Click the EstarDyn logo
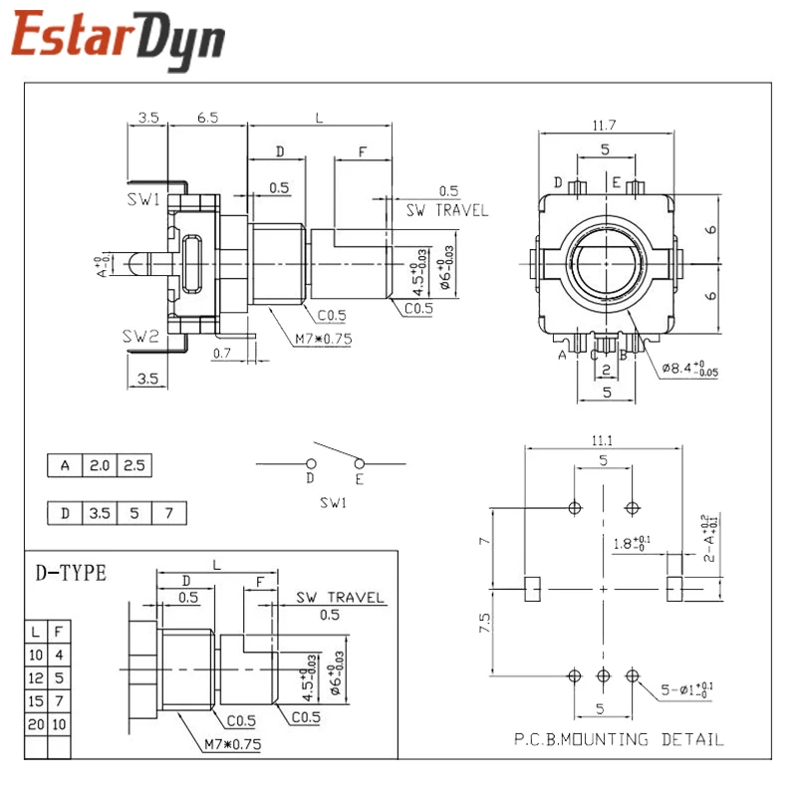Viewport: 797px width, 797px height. point(118,40)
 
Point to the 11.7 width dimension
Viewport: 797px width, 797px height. point(605,125)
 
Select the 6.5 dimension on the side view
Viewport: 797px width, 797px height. point(208,118)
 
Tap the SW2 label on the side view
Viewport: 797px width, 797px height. point(142,336)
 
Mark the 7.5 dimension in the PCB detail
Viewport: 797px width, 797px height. point(485,625)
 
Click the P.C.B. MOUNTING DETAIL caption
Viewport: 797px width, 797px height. point(619,739)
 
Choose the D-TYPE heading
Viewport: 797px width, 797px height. point(71,573)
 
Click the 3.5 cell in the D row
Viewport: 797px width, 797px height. point(100,514)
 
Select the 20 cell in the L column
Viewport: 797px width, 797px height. point(36,723)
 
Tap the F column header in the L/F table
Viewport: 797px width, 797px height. point(59,632)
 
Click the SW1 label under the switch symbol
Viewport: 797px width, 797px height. point(332,503)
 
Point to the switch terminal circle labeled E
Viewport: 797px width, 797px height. point(359,463)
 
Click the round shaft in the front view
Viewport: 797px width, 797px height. point(605,265)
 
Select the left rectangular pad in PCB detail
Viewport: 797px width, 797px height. point(532,588)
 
